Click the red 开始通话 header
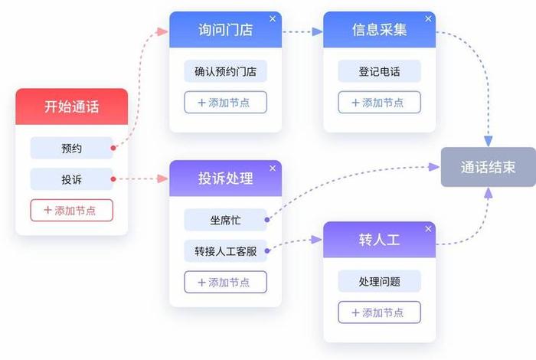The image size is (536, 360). click(71, 106)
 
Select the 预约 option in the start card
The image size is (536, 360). click(71, 148)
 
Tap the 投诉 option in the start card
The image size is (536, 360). click(71, 180)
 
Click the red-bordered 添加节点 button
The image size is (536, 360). click(71, 210)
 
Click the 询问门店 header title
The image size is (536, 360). click(225, 31)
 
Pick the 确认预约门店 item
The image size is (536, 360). click(225, 72)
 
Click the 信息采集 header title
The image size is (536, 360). click(379, 31)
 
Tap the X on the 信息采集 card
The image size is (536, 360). click(427, 18)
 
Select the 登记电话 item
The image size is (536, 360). click(379, 72)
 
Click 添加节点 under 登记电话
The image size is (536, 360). click(379, 102)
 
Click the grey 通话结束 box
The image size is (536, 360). click(488, 167)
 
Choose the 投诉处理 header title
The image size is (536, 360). click(225, 178)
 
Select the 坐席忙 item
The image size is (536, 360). click(225, 220)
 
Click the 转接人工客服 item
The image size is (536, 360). click(225, 251)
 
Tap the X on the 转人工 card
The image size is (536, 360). click(427, 229)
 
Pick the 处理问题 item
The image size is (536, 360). click(379, 281)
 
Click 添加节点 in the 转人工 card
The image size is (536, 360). click(379, 312)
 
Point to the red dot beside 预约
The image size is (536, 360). click(113, 148)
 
